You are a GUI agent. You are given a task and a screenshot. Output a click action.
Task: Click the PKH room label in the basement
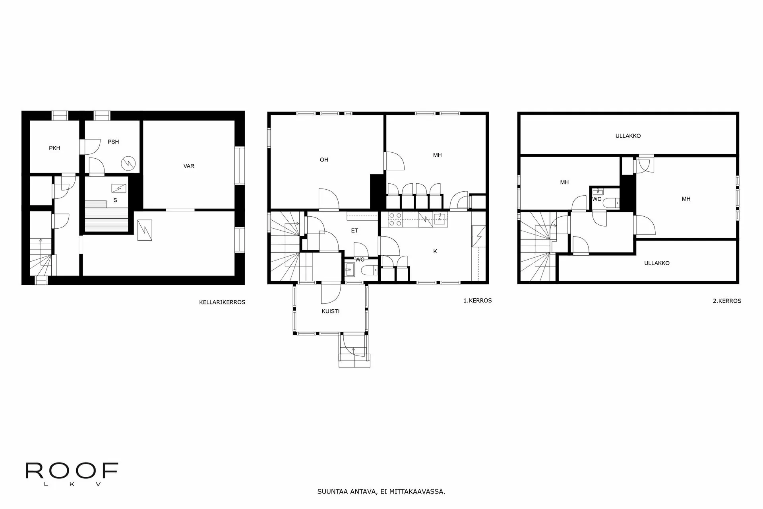[x=54, y=148]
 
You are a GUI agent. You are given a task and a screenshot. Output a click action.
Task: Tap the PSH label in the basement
[x=113, y=142]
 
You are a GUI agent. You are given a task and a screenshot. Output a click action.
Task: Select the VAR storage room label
[x=189, y=166]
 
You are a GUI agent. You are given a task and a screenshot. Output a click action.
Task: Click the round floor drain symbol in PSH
[x=128, y=162]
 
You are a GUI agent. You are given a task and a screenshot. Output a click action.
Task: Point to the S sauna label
[x=115, y=200]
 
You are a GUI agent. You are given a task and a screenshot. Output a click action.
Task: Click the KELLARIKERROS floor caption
[x=222, y=302]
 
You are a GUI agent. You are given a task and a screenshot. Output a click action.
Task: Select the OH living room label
[x=324, y=160]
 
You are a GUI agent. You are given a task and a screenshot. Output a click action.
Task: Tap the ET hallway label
[x=354, y=231]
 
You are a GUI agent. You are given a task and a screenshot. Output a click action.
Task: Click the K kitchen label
[x=435, y=251]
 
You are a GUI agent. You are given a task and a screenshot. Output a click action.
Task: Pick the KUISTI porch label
[x=331, y=311]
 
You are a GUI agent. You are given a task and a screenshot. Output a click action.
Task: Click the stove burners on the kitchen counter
[x=395, y=220]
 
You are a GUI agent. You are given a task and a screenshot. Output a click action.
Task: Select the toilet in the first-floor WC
[x=369, y=271]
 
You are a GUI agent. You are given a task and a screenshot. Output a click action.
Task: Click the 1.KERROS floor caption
[x=477, y=301]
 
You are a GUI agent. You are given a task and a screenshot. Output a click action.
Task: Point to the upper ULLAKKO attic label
[x=628, y=136]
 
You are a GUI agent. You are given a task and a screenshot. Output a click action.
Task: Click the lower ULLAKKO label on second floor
[x=656, y=263]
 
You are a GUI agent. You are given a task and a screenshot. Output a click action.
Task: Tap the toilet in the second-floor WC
[x=610, y=203]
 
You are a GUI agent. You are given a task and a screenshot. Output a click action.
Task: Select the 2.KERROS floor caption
[x=727, y=301]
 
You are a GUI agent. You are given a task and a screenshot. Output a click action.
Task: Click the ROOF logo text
[x=72, y=471]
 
